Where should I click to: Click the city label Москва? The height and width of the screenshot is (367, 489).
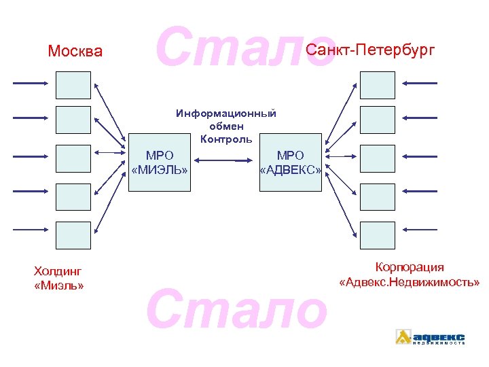75,52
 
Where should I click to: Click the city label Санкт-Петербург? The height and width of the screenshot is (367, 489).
369,50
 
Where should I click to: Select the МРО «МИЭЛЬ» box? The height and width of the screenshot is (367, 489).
160,162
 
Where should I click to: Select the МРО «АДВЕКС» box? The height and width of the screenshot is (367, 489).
291,162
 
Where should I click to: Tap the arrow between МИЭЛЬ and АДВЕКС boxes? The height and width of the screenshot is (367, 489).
225,161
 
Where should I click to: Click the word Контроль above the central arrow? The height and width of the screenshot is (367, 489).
226,139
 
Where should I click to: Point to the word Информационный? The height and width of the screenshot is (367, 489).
226,113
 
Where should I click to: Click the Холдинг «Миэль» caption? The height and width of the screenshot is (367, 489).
58,279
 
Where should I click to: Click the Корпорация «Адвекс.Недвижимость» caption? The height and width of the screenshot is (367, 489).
410,275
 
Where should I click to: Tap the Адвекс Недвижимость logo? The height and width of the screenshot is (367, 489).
431,337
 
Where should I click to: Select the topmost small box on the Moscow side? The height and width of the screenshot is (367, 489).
73,84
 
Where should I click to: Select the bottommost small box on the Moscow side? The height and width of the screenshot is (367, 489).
73,234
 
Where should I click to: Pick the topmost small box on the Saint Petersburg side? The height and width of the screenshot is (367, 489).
377,84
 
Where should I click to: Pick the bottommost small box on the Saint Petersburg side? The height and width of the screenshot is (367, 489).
377,234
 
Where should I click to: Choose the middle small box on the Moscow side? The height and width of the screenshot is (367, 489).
73,158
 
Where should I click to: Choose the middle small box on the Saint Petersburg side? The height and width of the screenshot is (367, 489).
377,158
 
